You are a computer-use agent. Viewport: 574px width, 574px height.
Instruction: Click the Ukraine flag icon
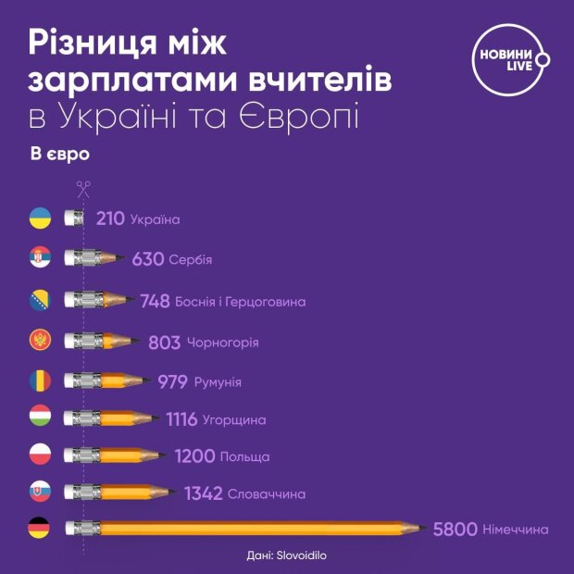pos(40,219)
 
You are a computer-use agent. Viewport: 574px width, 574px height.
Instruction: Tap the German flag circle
pos(40,530)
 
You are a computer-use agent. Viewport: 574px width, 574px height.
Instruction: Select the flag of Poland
pos(40,455)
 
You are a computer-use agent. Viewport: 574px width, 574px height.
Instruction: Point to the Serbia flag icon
pos(40,258)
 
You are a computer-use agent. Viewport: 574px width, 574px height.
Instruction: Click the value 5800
pos(455,530)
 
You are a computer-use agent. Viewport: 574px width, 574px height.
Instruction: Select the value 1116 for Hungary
pos(181,419)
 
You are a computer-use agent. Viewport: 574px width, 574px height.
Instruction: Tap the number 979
pos(172,381)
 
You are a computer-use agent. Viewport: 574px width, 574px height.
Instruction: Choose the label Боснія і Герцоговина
pos(247,302)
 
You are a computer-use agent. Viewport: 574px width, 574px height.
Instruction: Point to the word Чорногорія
pos(222,343)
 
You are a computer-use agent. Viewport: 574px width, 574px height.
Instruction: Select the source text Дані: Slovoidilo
pos(287,556)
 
